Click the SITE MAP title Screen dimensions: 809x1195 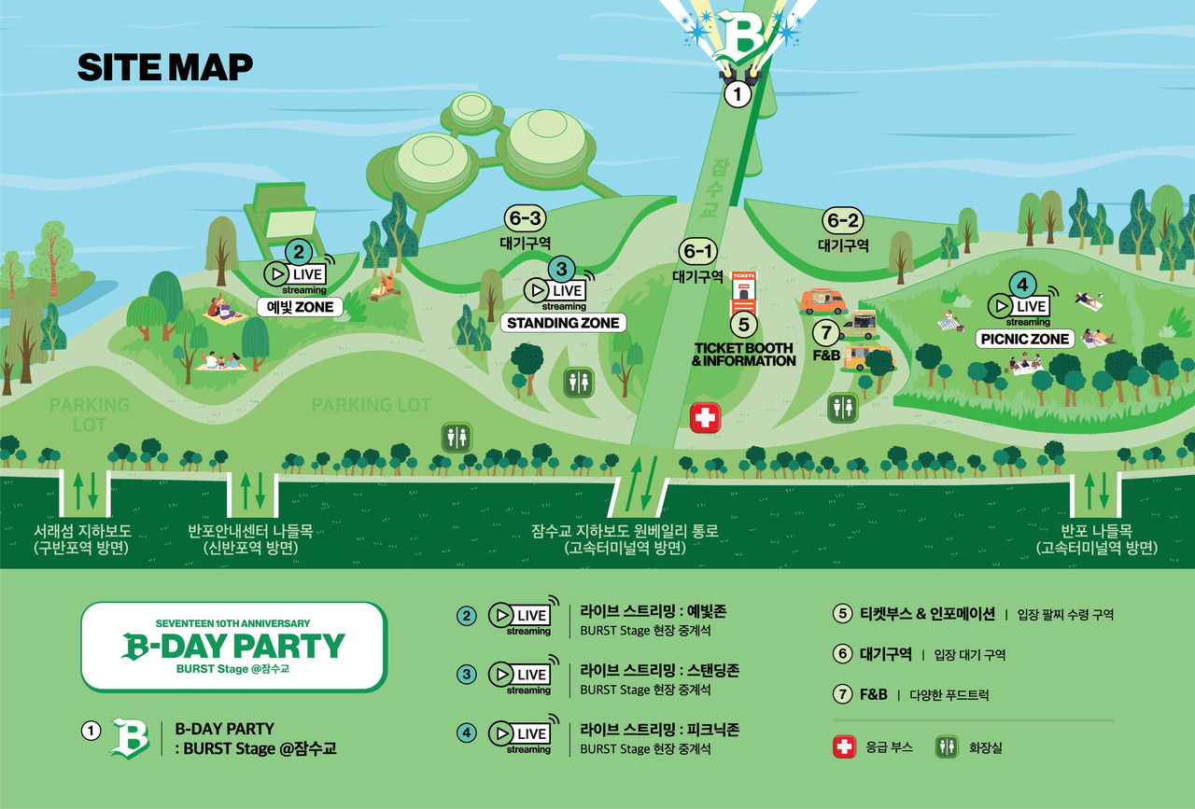point(164,67)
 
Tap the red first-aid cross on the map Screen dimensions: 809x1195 point(705,417)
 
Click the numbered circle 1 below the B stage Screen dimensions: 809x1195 point(738,93)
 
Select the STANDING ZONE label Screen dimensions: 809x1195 point(563,323)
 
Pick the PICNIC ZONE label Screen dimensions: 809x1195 point(1024,339)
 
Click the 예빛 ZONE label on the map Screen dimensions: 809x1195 point(300,307)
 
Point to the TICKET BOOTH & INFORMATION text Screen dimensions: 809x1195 point(743,355)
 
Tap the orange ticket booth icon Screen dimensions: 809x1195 point(743,290)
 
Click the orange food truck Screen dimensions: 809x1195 point(822,301)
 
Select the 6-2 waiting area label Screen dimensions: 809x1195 point(842,221)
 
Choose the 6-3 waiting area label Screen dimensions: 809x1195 point(523,218)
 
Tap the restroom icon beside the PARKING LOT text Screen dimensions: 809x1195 point(457,437)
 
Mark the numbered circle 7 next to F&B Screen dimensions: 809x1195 point(823,331)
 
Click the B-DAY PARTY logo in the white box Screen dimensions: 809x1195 point(233,646)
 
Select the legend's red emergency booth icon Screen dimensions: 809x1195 point(844,747)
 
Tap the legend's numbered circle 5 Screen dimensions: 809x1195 point(842,614)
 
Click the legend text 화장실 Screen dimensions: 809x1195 point(985,748)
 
